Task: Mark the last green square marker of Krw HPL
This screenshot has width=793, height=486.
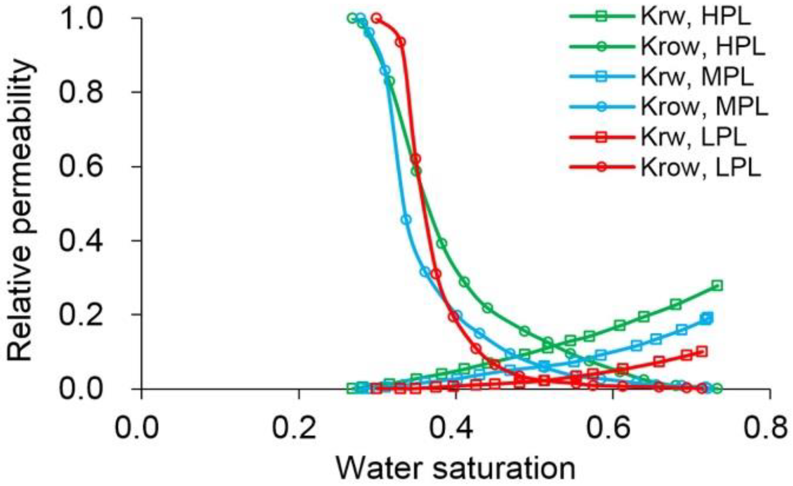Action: pos(717,285)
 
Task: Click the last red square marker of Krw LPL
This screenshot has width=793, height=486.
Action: pos(702,352)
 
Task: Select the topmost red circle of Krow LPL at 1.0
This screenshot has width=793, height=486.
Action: pos(377,18)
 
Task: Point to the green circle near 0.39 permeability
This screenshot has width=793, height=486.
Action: pos(442,243)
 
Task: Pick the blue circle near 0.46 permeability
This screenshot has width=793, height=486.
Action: pos(406,219)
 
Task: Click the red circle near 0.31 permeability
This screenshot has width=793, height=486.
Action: pos(436,274)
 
